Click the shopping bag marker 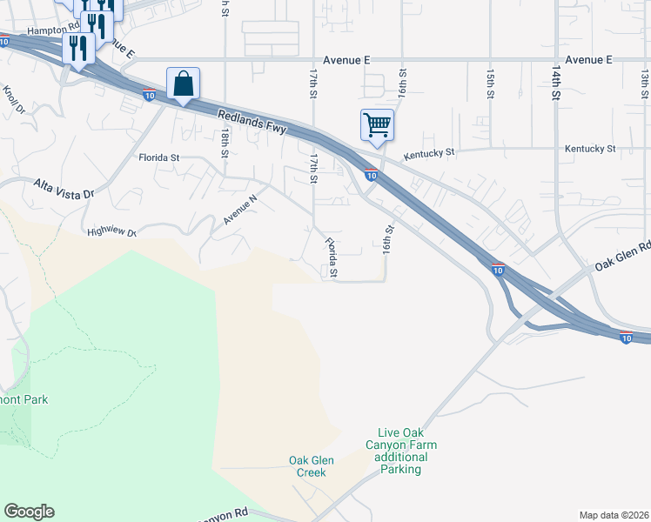pos(183,85)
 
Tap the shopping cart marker pos(377,124)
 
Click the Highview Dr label pos(112,232)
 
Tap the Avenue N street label pos(239,210)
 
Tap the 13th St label pos(645,84)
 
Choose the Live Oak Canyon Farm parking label pos(407,451)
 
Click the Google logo pos(29,512)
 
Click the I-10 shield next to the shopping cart pos(371,176)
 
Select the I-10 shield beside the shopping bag pos(150,95)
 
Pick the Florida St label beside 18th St pos(158,158)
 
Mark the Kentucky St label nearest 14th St pos(589,150)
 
